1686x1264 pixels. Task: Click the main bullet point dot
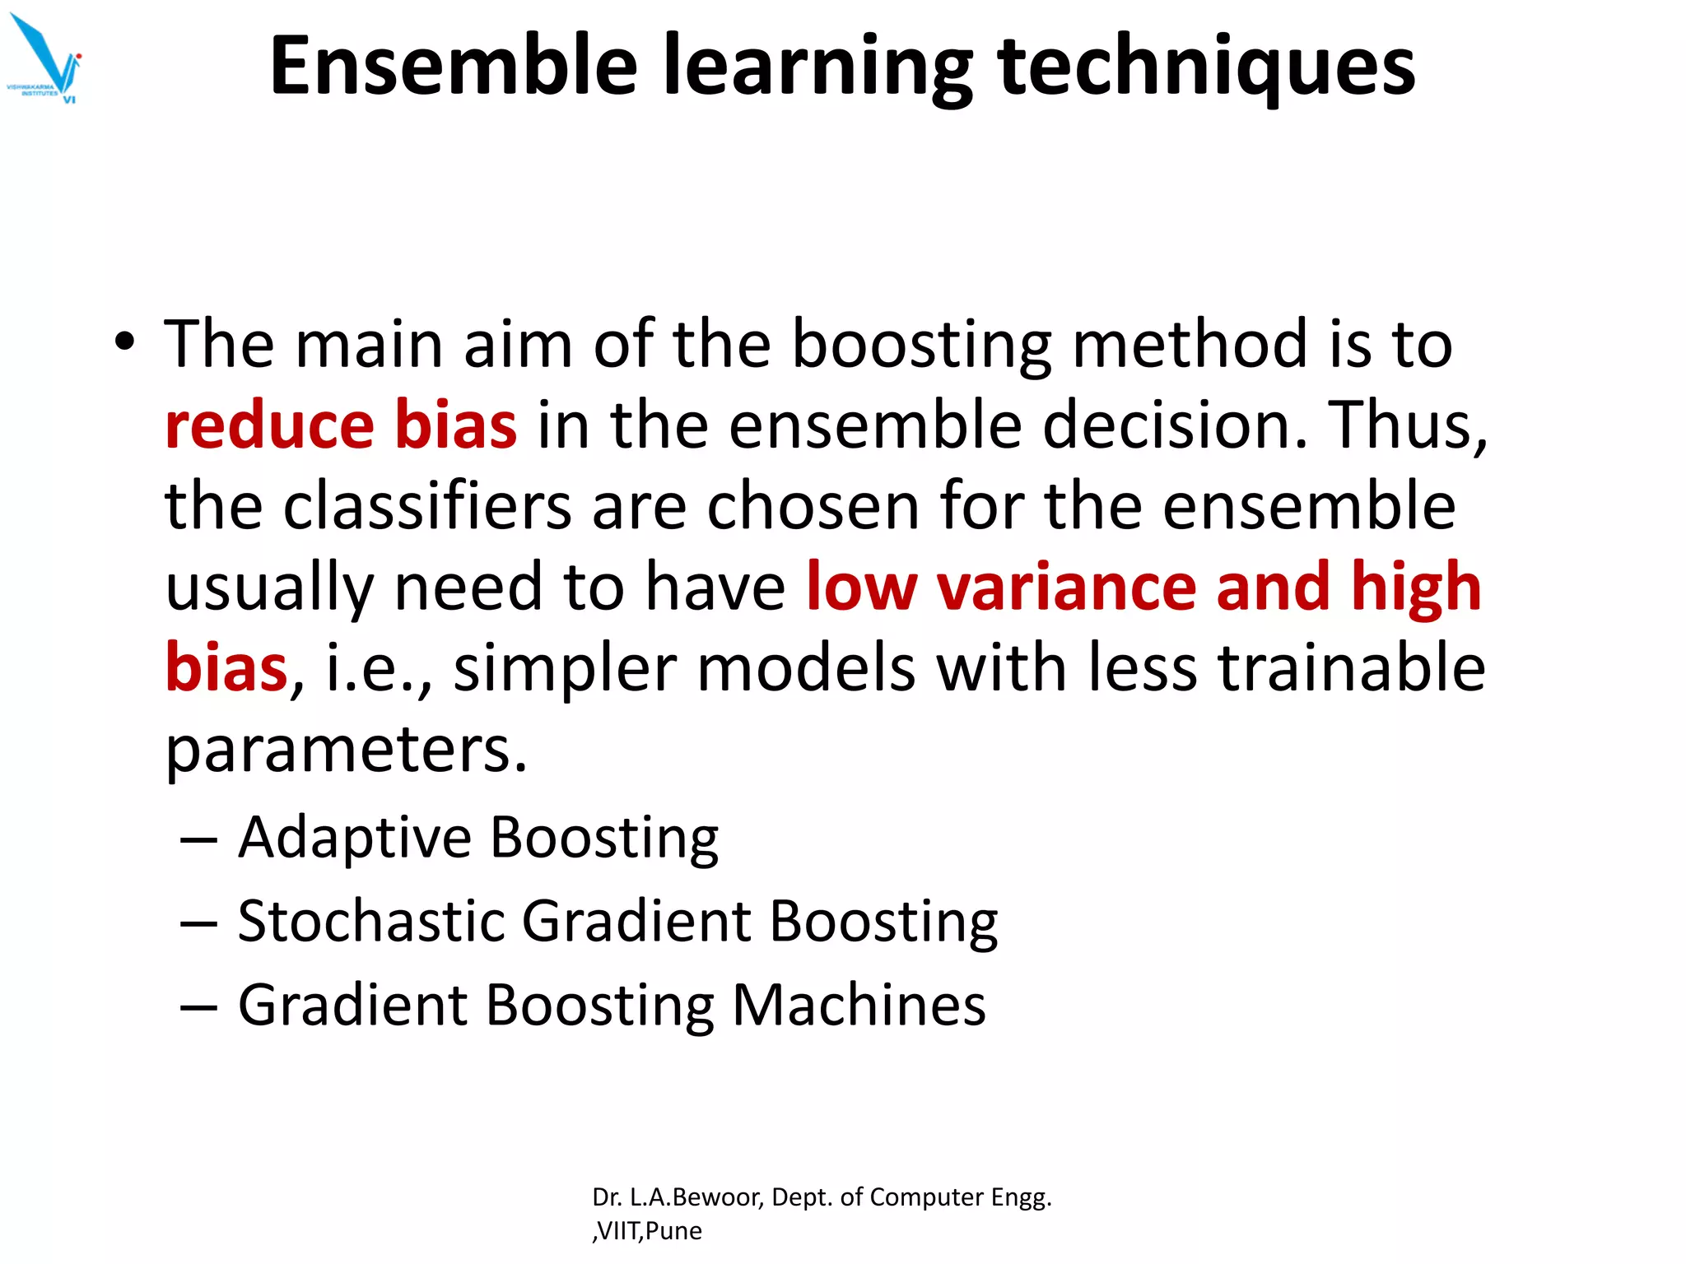tap(124, 342)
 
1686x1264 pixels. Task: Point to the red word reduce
tap(270, 425)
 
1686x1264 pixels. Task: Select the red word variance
tap(1066, 586)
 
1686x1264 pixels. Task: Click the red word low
tap(860, 586)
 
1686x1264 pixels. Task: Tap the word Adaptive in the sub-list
tap(355, 838)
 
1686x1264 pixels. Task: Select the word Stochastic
tap(371, 921)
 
